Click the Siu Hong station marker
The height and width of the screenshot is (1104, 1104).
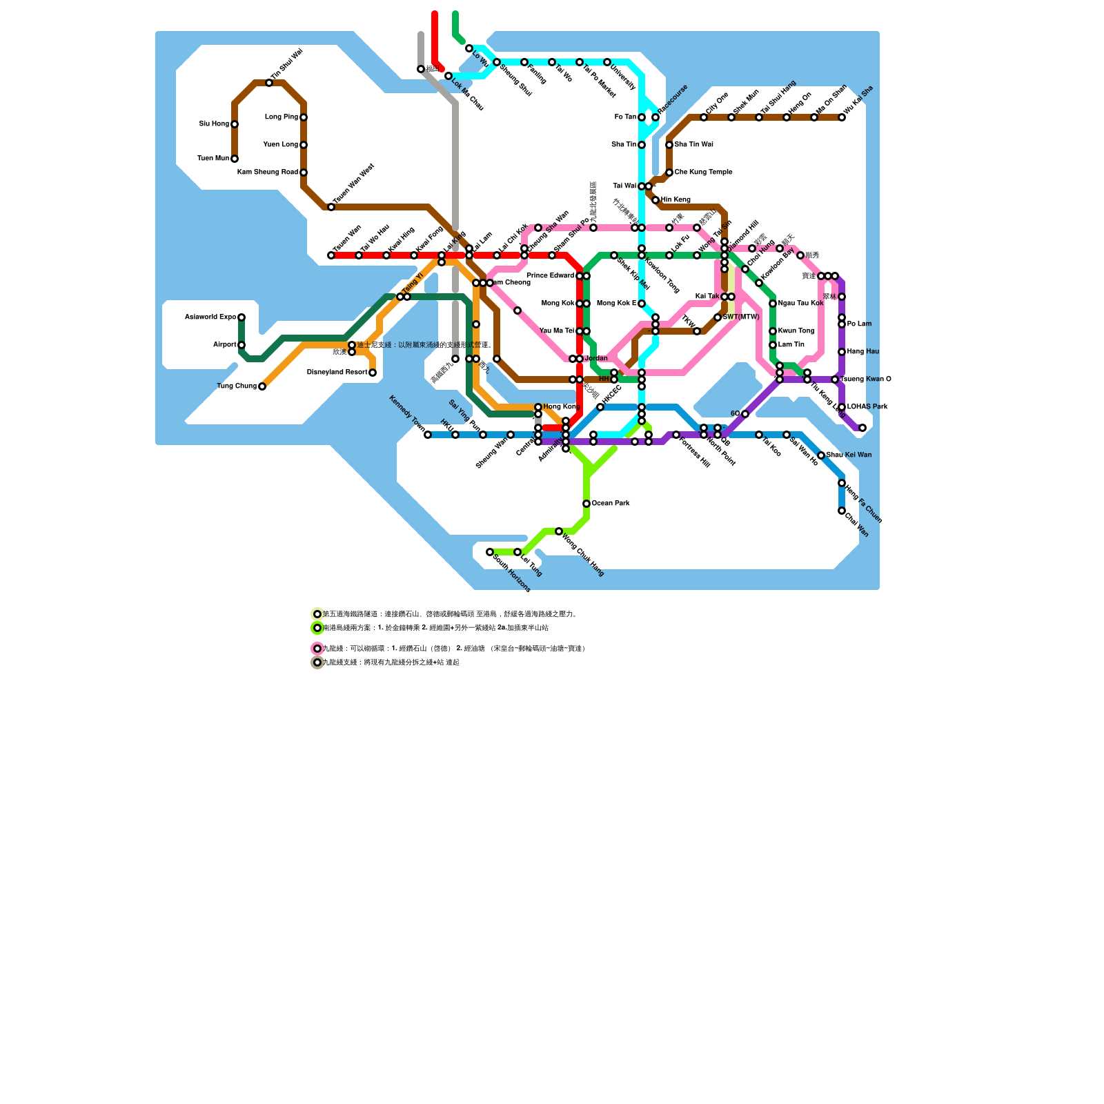click(235, 124)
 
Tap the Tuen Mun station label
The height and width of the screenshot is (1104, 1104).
click(213, 159)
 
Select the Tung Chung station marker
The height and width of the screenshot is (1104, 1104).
click(262, 386)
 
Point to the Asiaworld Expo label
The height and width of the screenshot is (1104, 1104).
click(210, 317)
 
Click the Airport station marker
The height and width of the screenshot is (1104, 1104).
click(241, 345)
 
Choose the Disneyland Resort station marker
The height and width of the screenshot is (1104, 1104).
click(373, 373)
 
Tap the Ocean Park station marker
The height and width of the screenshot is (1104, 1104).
click(586, 504)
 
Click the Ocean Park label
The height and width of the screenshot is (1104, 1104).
click(611, 504)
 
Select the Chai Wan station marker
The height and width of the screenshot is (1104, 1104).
click(842, 511)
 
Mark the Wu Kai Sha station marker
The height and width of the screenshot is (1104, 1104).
click(842, 117)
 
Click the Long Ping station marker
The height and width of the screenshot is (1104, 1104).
click(304, 117)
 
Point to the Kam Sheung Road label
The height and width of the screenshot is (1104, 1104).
click(268, 172)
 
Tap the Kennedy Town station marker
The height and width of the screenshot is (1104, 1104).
click(428, 435)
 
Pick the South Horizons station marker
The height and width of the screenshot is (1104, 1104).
click(490, 552)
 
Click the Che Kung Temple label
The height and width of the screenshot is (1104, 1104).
click(703, 172)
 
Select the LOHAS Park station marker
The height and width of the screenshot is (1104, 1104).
click(842, 407)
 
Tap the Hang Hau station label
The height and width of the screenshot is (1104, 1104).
click(862, 352)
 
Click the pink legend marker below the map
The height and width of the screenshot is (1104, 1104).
click(317, 649)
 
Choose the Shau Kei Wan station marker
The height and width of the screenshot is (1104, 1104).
click(821, 455)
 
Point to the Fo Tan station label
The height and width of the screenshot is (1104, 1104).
click(625, 117)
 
